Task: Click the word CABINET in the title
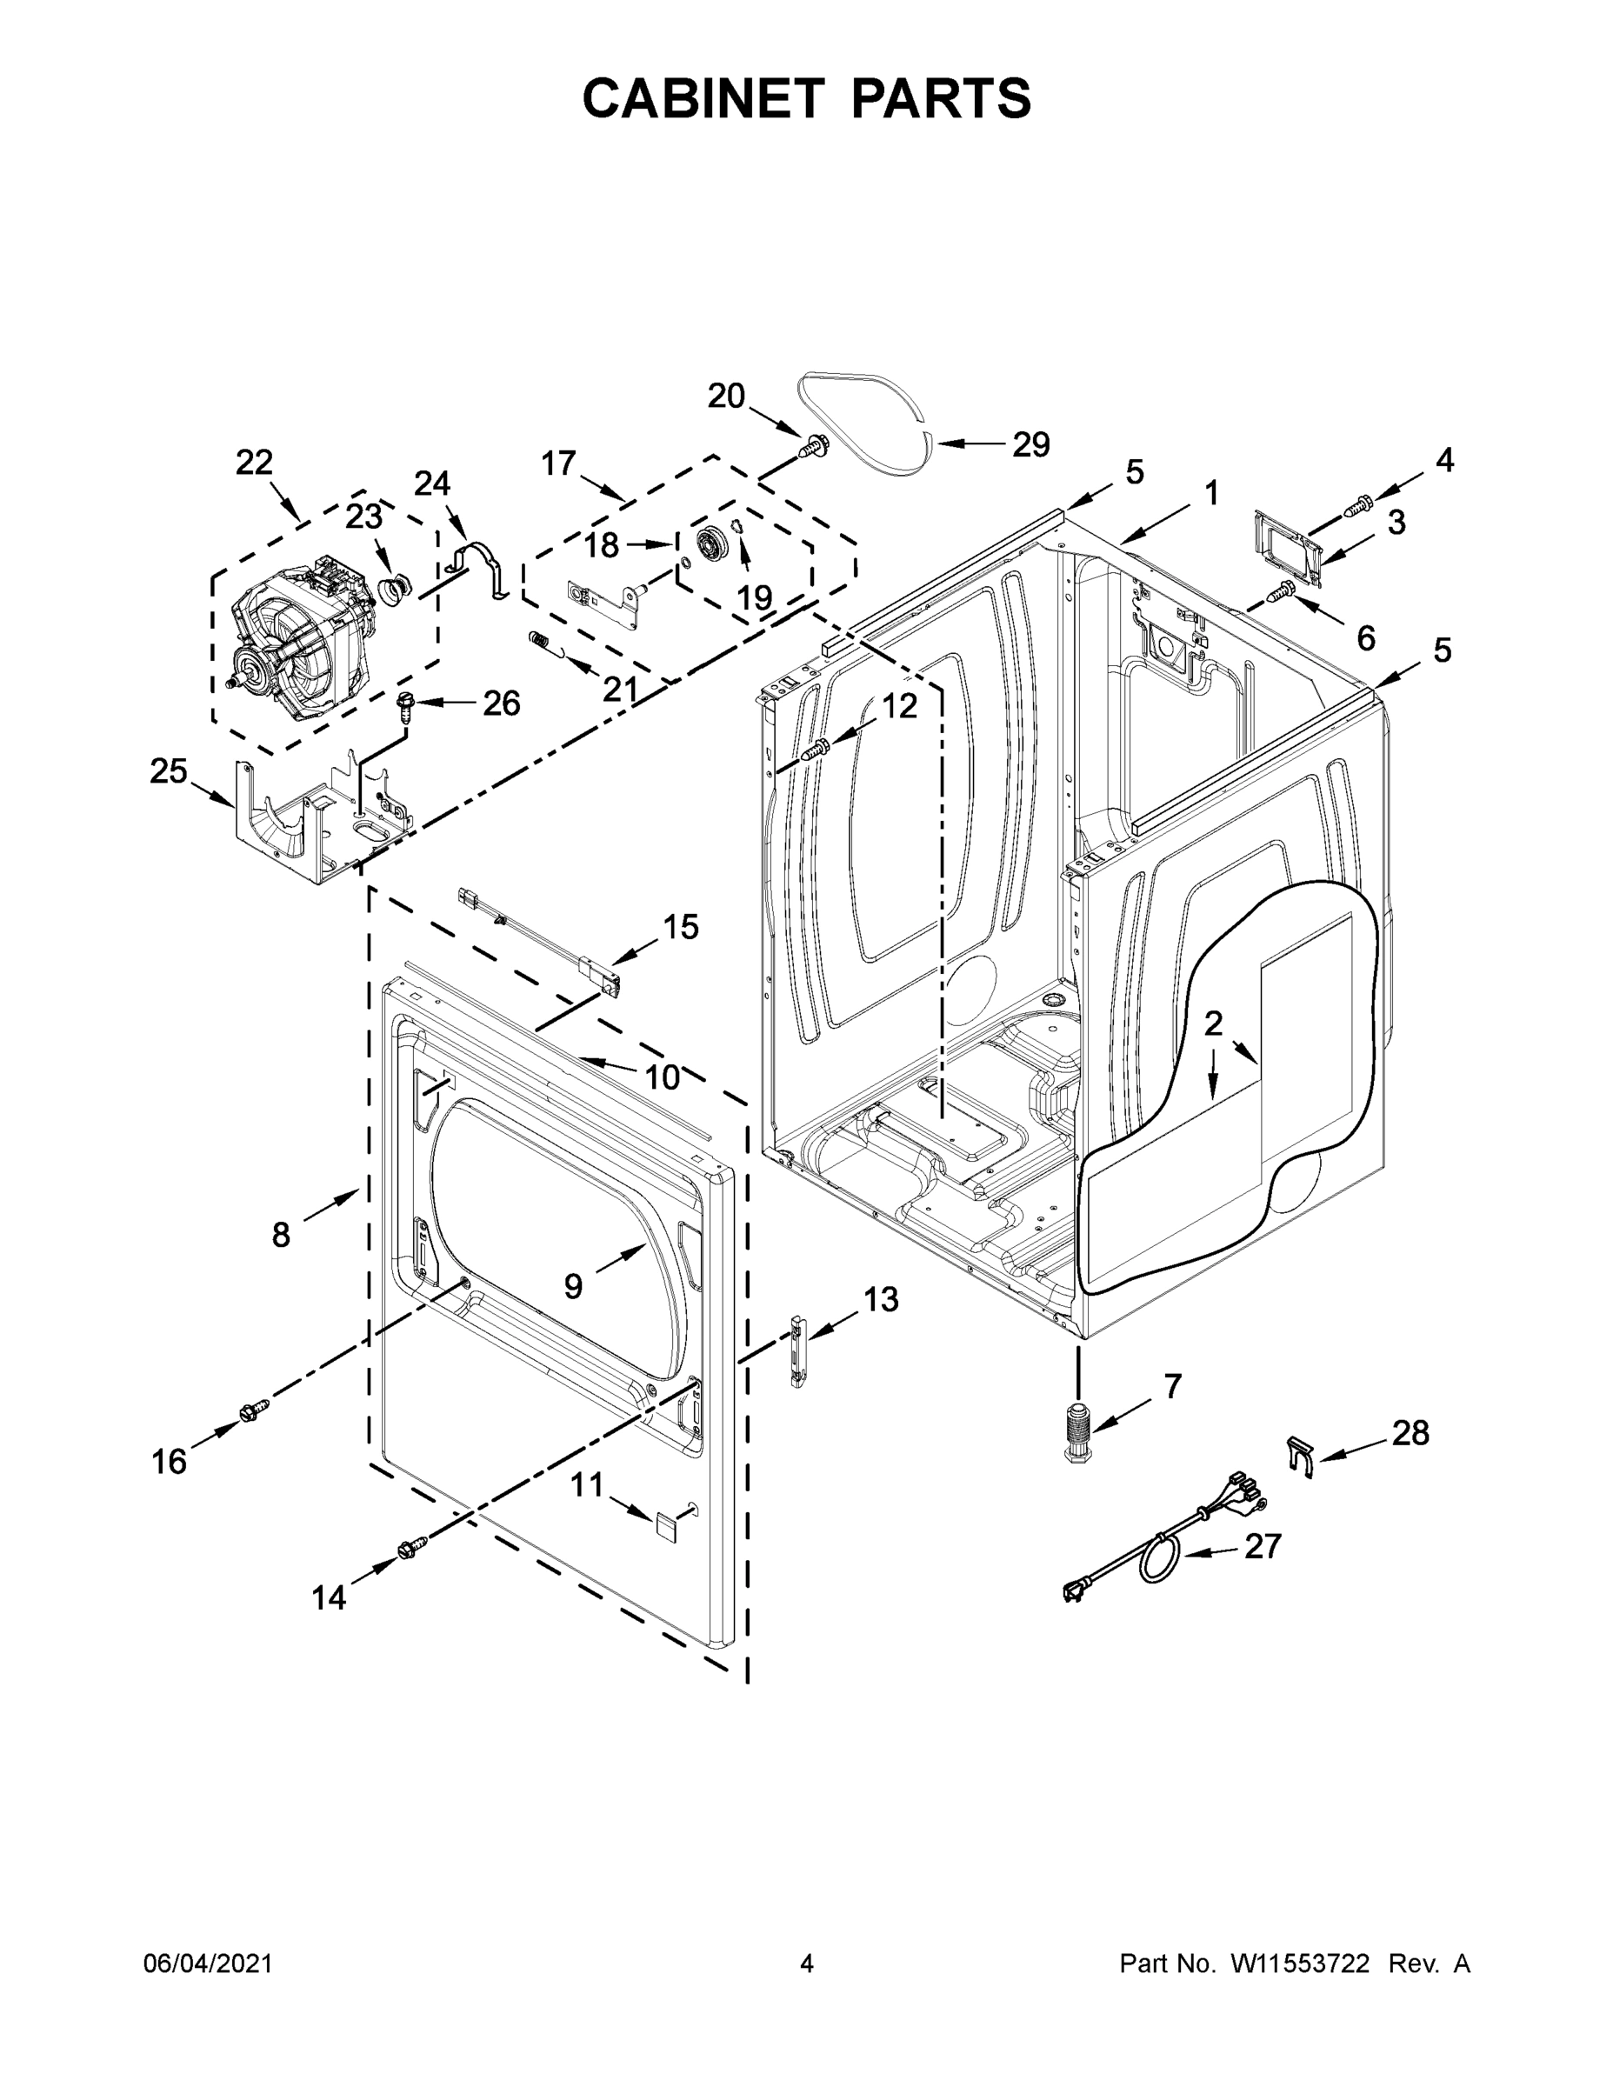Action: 703,98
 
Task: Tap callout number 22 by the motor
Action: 254,463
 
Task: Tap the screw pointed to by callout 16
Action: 254,1410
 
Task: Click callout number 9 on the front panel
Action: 572,1287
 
